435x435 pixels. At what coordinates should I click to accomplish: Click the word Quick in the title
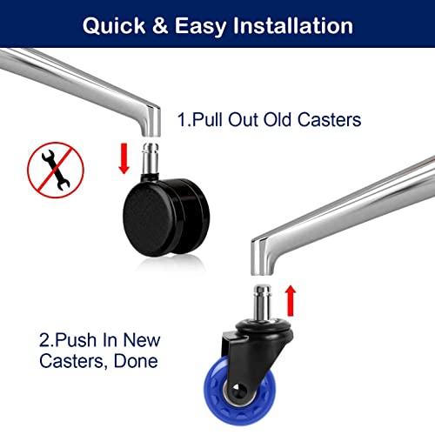tap(114, 26)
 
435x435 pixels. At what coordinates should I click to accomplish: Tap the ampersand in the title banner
tap(160, 25)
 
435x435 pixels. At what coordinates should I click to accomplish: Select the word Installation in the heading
tap(293, 25)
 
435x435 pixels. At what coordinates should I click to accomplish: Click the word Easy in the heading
tap(200, 27)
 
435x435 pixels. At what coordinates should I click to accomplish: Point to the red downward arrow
tap(124, 158)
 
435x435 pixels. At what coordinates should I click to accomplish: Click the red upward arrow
tap(291, 300)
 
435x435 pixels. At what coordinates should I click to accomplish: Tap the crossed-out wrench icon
tap(56, 170)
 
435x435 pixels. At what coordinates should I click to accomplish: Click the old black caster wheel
tap(166, 217)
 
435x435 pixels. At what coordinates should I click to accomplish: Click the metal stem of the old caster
tap(151, 158)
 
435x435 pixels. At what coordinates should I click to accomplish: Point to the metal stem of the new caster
tap(263, 303)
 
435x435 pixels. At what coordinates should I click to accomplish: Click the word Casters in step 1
tap(329, 119)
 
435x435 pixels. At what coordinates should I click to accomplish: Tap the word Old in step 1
tap(277, 119)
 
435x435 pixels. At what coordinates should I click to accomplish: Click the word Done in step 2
tap(136, 361)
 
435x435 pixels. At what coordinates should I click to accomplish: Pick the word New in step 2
tap(142, 340)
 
